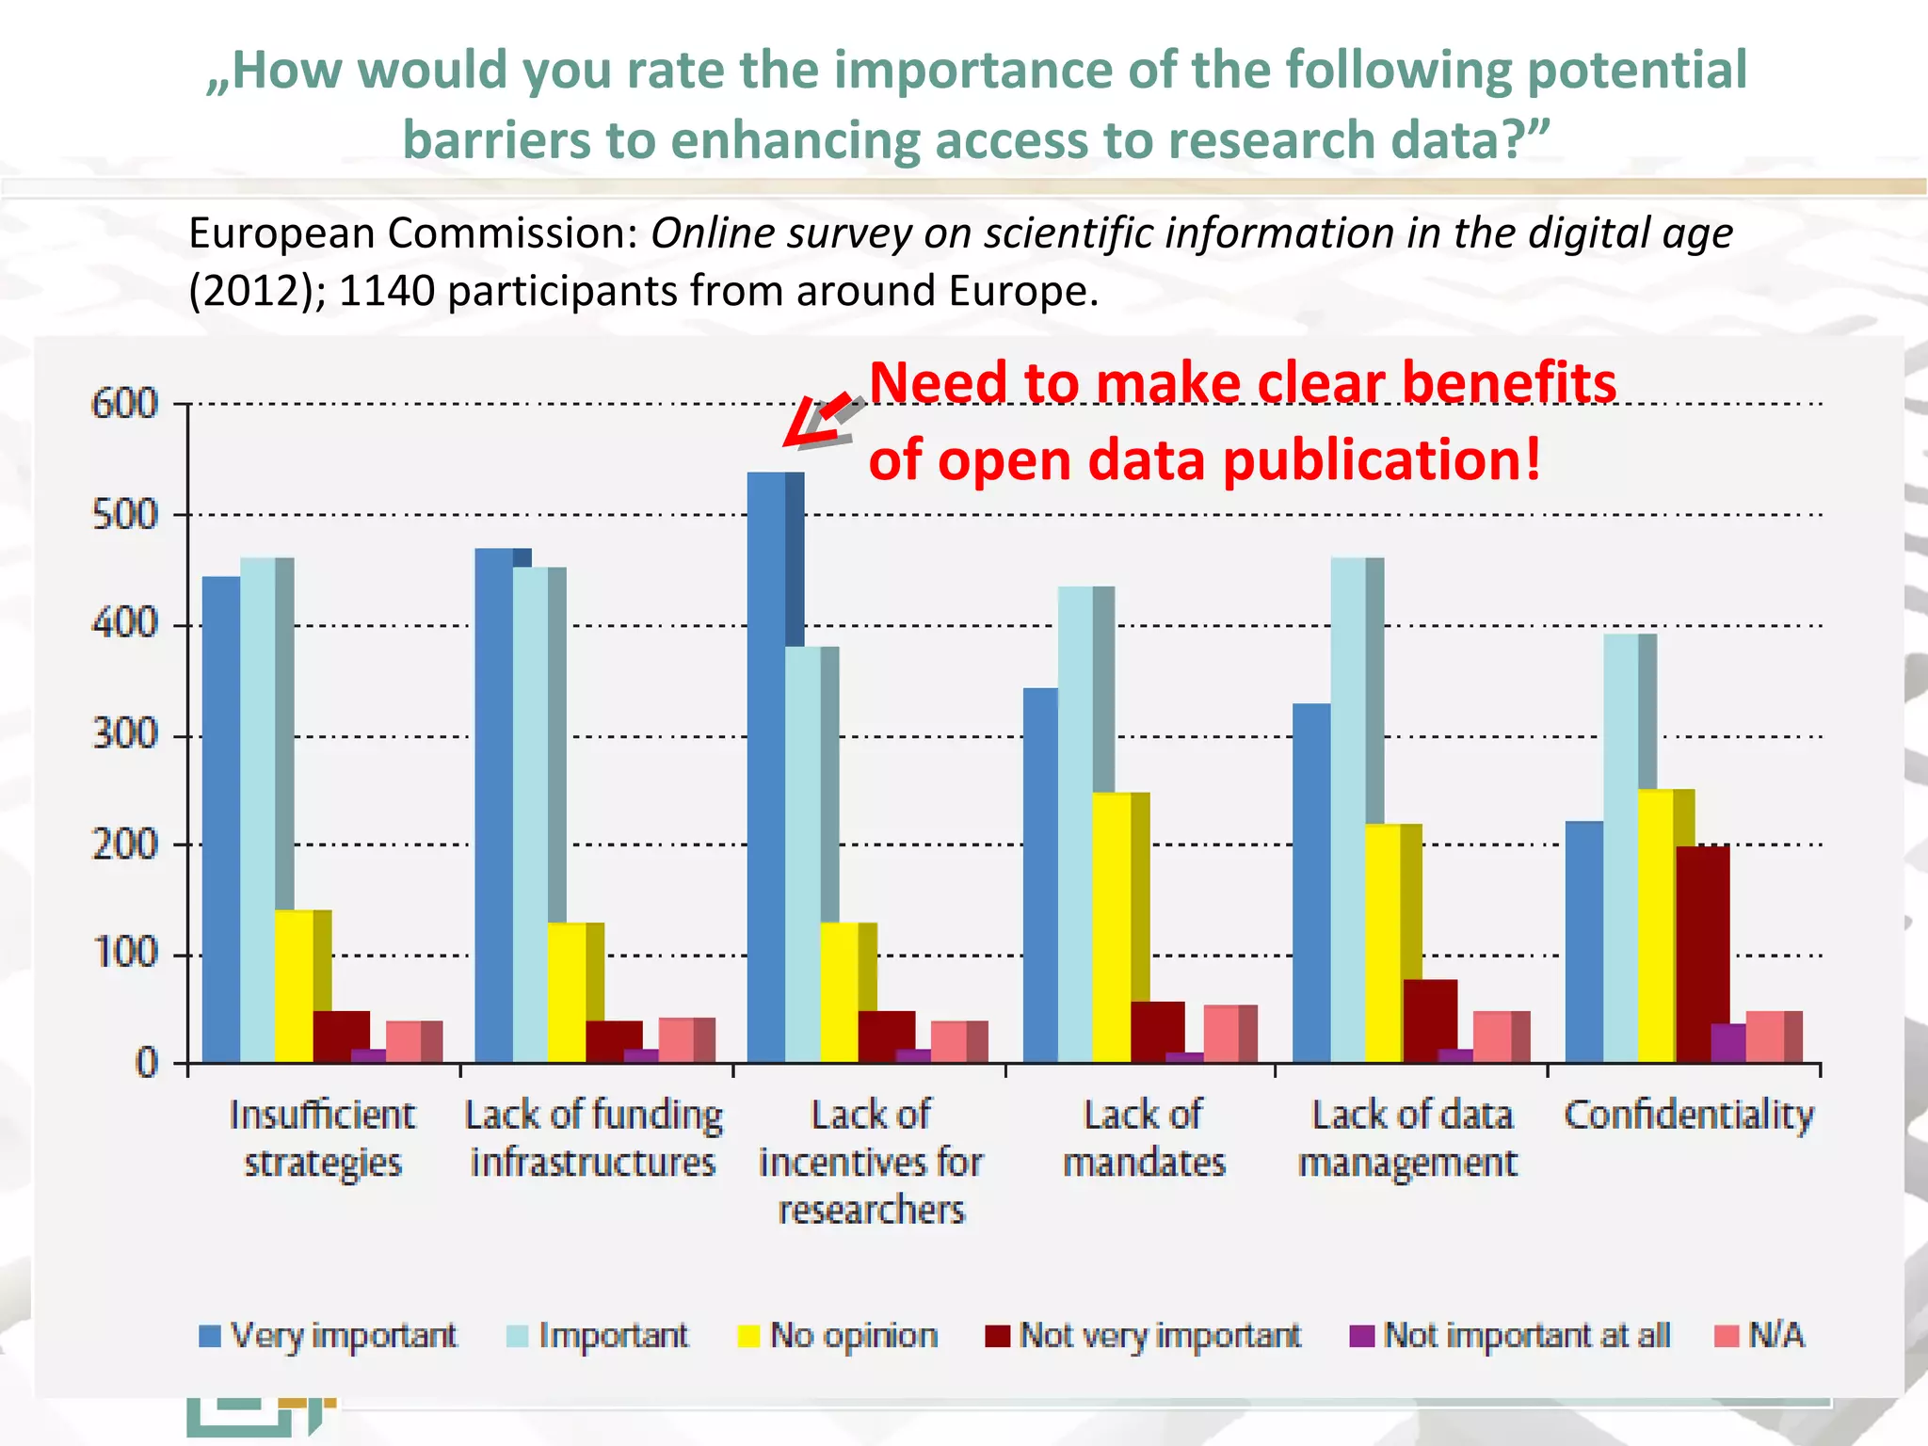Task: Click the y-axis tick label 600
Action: (x=124, y=404)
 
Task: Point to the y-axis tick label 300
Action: (x=124, y=734)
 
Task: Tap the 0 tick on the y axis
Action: (x=146, y=1064)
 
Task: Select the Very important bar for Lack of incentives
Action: (x=766, y=767)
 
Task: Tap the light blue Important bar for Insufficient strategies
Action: (x=257, y=810)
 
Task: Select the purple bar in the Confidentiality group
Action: (x=1727, y=1043)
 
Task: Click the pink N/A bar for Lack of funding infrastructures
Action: (x=676, y=1040)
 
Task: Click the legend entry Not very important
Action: (x=1143, y=1335)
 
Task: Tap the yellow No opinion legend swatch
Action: (x=748, y=1336)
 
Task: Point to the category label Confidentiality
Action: (x=1689, y=1116)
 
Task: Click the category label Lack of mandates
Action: (x=1144, y=1139)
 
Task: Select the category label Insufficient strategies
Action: (x=322, y=1139)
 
